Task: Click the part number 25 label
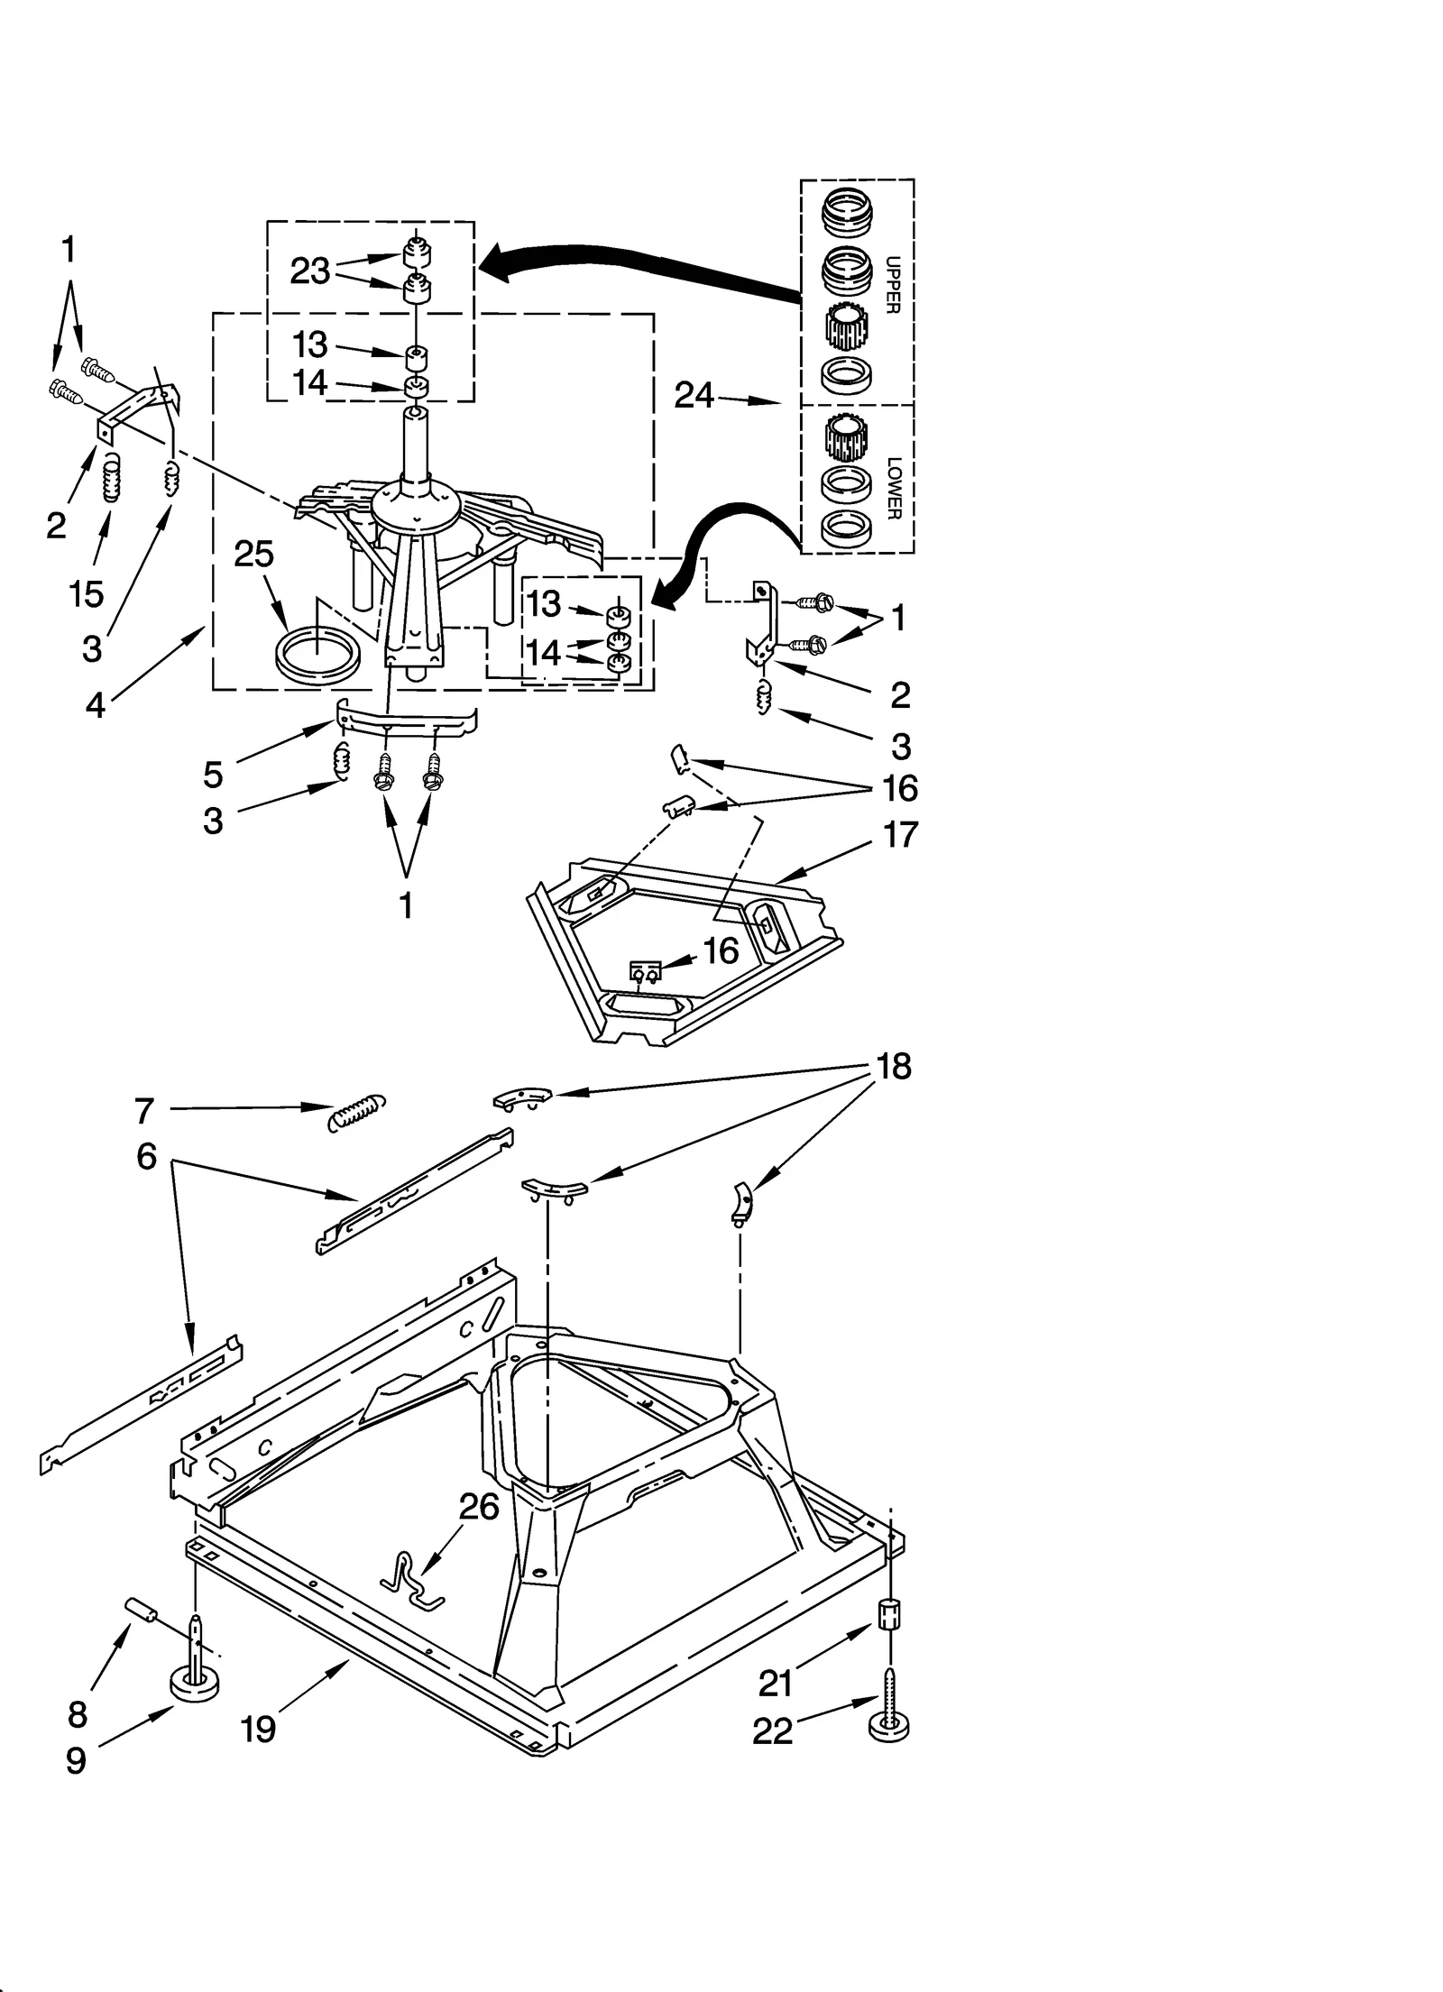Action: (x=253, y=555)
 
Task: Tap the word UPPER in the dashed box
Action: (x=892, y=285)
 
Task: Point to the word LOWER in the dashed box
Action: (x=893, y=488)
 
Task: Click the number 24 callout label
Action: (x=694, y=396)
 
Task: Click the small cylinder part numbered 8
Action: (x=141, y=1608)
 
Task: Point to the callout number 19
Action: (x=258, y=1729)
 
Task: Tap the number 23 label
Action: (x=310, y=271)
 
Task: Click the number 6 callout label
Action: (x=146, y=1156)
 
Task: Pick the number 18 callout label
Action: (x=893, y=1066)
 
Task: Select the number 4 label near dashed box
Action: (x=96, y=704)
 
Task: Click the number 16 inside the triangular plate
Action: (x=721, y=950)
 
